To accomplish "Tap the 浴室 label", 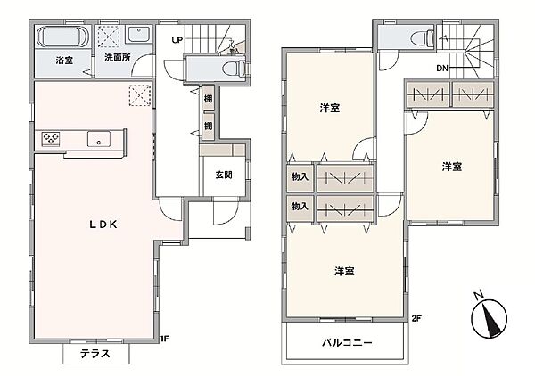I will pyautogui.click(x=63, y=60).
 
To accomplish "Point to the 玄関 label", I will pyautogui.click(x=223, y=175).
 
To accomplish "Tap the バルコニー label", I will pyautogui.click(x=348, y=343).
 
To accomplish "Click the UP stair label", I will pyautogui.click(x=177, y=40).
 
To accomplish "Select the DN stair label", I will pyautogui.click(x=441, y=69).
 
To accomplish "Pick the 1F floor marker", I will pyautogui.click(x=164, y=338).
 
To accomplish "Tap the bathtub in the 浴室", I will pyautogui.click(x=62, y=38).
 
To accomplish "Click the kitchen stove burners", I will pyautogui.click(x=50, y=138).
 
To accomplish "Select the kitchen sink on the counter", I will pyautogui.click(x=98, y=138).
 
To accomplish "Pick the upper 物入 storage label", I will pyautogui.click(x=300, y=177).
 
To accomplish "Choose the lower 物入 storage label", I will pyautogui.click(x=300, y=206).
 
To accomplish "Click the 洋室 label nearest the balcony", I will pyautogui.click(x=345, y=271).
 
